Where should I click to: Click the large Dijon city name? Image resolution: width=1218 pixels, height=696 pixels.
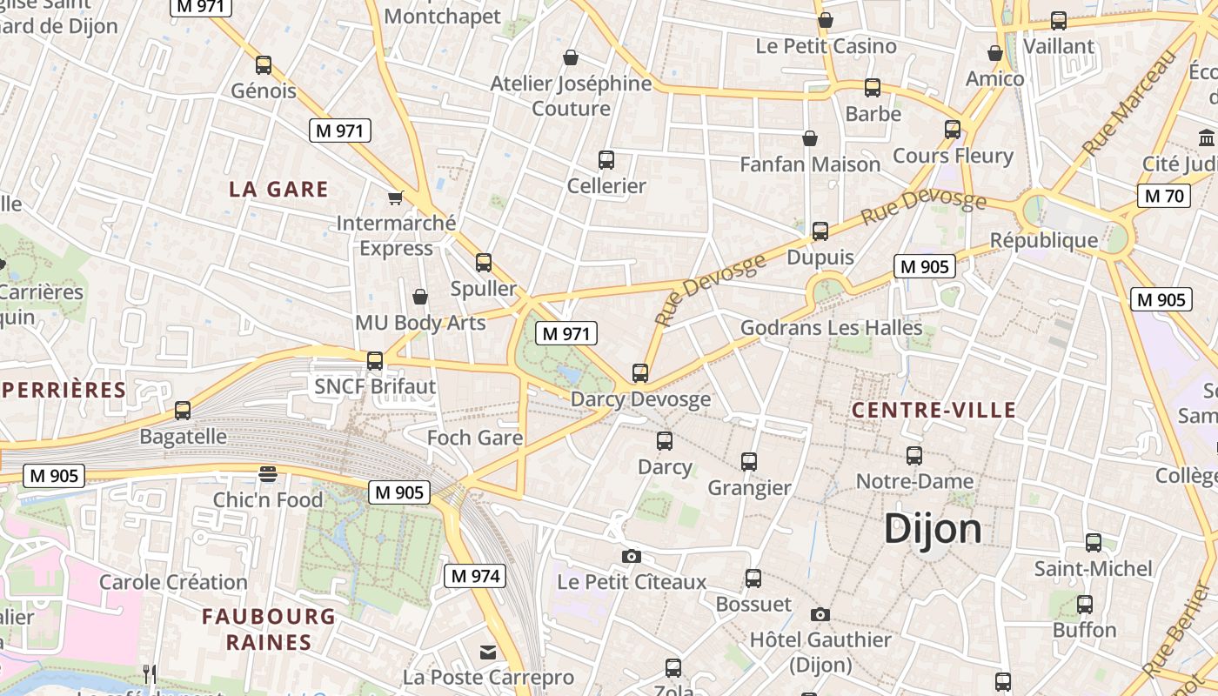933,529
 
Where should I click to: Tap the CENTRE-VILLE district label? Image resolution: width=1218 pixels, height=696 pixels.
934,410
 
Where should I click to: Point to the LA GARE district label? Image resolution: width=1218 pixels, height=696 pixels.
278,189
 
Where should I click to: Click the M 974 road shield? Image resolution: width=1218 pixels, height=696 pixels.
475,575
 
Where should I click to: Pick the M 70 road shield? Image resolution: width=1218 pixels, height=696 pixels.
1164,196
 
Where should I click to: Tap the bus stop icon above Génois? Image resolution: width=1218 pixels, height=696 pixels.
263,65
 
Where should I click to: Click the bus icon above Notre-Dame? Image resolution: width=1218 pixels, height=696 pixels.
913,455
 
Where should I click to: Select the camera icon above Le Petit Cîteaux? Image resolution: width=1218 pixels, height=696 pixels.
632,556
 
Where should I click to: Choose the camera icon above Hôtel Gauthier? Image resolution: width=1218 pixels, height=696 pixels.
820,614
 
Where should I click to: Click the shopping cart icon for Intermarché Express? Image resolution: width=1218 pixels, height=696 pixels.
396,197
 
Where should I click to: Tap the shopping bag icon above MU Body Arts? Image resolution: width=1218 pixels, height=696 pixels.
420,297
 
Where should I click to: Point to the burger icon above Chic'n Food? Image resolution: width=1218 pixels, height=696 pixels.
268,474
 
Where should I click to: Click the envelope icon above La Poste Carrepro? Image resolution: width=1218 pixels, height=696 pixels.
488,652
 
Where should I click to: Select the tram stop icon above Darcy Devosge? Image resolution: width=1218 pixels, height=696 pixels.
640,373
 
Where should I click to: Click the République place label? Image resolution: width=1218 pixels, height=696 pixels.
1044,240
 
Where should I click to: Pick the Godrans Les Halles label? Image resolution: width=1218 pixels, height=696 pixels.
831,327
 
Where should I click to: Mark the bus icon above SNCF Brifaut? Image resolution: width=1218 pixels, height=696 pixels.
375,360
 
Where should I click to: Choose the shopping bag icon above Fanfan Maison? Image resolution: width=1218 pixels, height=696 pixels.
810,138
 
